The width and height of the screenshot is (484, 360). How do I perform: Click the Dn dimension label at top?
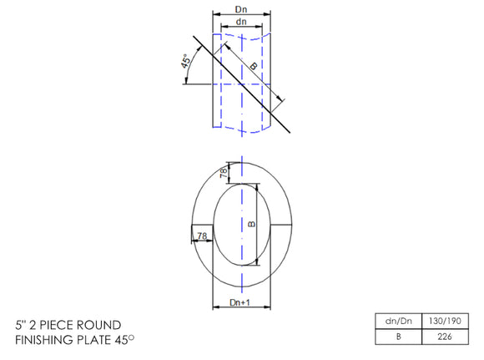pyautogui.click(x=241, y=9)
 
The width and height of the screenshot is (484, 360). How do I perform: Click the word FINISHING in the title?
pyautogui.click(x=46, y=340)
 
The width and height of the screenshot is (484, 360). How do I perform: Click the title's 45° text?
pyautogui.click(x=130, y=340)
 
